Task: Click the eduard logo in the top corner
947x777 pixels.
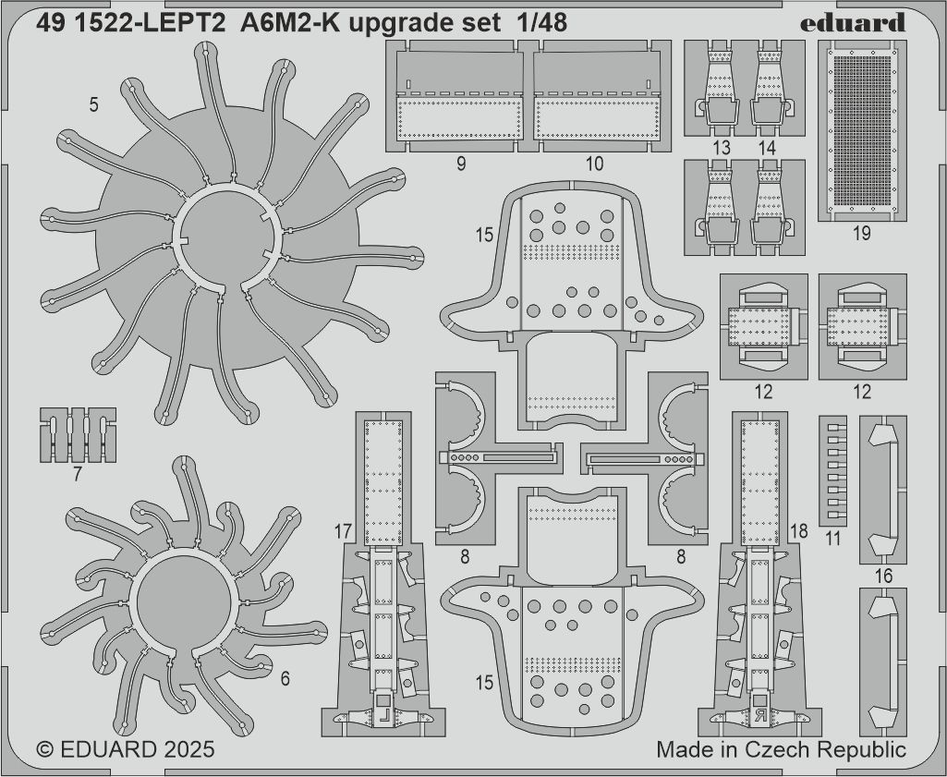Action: coord(852,23)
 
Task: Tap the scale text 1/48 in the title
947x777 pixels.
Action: coord(541,23)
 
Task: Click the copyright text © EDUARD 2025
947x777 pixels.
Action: coord(125,749)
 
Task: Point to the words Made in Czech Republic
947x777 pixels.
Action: coord(781,749)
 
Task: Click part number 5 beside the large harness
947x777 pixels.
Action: coord(93,105)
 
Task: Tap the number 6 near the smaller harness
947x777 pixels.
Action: coord(285,678)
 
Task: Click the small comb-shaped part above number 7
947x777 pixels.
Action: coord(78,435)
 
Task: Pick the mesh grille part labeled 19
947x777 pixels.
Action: coord(862,130)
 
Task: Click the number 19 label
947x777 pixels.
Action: coord(862,233)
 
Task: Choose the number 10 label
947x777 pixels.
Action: coord(594,164)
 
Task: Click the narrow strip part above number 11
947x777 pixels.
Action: coord(832,471)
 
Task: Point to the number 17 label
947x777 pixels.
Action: coord(343,532)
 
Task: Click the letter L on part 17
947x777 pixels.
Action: coord(384,719)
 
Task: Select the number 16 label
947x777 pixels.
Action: coord(883,576)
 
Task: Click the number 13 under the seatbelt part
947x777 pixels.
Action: coord(722,148)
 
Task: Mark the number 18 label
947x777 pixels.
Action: coord(798,531)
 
